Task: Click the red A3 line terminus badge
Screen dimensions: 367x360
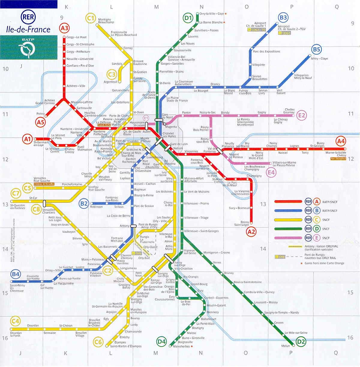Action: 64,28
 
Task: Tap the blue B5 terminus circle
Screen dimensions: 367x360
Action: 316,50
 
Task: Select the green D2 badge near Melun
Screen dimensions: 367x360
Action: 301,341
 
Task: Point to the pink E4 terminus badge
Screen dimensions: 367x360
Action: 271,172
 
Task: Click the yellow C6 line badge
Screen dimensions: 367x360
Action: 98,341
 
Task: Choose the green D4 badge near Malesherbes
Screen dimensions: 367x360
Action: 161,341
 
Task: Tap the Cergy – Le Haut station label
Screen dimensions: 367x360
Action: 76,37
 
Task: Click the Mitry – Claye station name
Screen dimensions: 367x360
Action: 319,59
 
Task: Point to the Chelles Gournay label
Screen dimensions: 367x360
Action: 289,111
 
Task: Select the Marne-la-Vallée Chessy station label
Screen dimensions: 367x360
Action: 336,154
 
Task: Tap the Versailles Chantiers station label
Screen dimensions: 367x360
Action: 49,211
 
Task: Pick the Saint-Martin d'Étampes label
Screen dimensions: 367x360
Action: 126,346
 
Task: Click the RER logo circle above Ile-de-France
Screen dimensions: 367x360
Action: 28,17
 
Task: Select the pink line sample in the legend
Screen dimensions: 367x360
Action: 288,238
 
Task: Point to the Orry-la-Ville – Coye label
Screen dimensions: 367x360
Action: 212,14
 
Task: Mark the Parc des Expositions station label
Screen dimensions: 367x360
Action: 266,51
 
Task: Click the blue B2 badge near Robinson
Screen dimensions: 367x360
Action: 84,204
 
